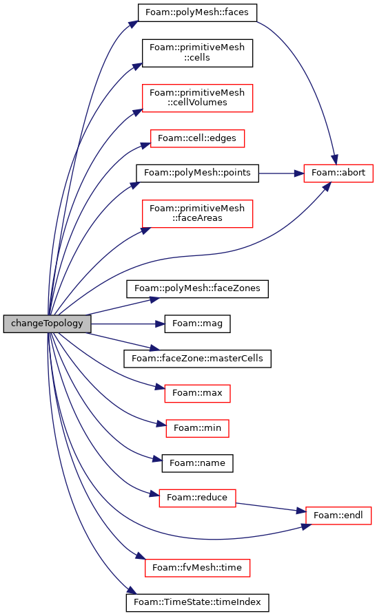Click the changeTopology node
[x=48, y=323]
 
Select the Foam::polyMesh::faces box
[x=197, y=12]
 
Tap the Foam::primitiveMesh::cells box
[x=197, y=53]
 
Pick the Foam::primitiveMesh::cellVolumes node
[x=197, y=98]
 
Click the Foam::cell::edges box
[x=197, y=138]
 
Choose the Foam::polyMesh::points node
[x=197, y=173]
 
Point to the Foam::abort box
[x=338, y=173]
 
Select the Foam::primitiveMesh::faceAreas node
[x=197, y=214]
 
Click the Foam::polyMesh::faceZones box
[x=197, y=289]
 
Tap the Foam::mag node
[x=197, y=323]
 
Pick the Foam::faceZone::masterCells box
[x=197, y=359]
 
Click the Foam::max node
[x=197, y=394]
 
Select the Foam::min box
[x=197, y=428]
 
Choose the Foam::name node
[x=197, y=464]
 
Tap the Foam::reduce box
[x=197, y=498]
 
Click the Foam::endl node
[x=338, y=516]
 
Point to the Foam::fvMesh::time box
[x=197, y=568]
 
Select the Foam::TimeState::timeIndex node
[x=197, y=603]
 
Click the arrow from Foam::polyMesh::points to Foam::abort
[x=281, y=173]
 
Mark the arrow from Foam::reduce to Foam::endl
[x=271, y=507]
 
